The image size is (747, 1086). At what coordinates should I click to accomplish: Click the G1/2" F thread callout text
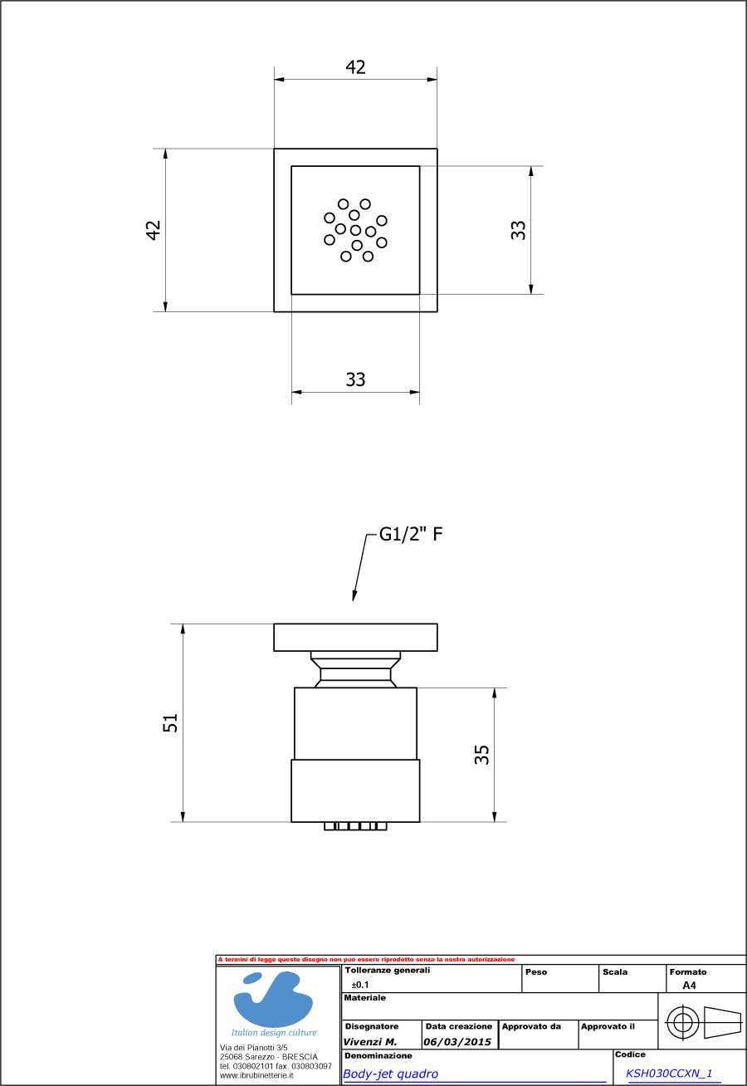[411, 534]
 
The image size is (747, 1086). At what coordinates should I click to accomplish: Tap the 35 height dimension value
[482, 754]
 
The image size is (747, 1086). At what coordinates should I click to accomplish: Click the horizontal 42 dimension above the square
[356, 67]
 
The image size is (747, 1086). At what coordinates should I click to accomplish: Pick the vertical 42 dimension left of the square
[153, 230]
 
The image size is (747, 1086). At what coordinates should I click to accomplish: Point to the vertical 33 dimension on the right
[519, 230]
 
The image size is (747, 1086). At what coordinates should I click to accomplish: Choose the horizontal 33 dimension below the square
[355, 379]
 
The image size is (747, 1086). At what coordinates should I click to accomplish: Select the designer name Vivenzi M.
[370, 1042]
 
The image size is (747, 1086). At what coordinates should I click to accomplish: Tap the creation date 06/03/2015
[457, 1042]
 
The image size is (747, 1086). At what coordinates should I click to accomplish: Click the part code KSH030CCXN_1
[669, 1074]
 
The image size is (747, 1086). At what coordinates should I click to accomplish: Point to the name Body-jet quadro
[391, 1074]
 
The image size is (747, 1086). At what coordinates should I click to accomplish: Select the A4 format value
[689, 986]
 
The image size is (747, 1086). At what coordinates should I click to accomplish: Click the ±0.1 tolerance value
[360, 985]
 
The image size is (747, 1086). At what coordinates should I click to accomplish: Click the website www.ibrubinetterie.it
[257, 1074]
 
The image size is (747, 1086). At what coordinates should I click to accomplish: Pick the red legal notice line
[366, 960]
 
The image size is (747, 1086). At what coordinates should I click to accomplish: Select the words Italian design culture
[274, 1033]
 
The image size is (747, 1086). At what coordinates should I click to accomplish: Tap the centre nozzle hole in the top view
[356, 230]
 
